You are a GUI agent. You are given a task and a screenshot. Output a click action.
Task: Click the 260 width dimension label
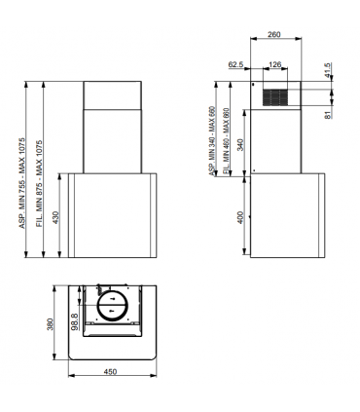point(275,35)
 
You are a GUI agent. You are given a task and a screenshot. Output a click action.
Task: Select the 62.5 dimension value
point(234,66)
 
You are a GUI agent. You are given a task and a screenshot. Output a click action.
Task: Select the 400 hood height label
point(241,216)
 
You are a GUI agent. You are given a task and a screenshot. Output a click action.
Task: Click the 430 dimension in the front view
point(55,216)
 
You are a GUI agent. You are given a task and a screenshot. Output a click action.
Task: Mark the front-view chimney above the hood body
point(110,127)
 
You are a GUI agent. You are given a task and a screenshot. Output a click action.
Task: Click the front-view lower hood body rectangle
point(110,216)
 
